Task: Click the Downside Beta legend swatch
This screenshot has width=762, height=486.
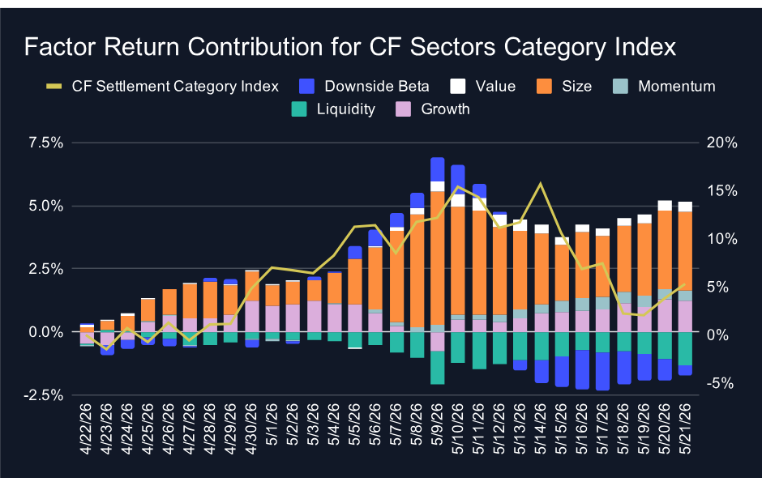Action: pyautogui.click(x=306, y=87)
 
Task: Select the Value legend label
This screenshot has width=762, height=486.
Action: pyautogui.click(x=495, y=87)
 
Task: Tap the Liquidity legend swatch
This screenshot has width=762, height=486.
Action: pyautogui.click(x=299, y=109)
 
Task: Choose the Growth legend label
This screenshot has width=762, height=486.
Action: pyautogui.click(x=445, y=109)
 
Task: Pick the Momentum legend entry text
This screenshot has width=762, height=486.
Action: pyautogui.click(x=676, y=87)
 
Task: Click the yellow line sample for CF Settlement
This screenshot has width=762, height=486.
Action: pyautogui.click(x=54, y=87)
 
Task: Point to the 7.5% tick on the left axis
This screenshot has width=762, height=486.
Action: pyautogui.click(x=46, y=143)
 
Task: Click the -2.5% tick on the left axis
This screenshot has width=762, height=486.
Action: pyautogui.click(x=43, y=395)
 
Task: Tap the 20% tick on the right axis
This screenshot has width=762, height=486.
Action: pyautogui.click(x=721, y=143)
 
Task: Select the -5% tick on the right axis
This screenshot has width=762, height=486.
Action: pyautogui.click(x=720, y=384)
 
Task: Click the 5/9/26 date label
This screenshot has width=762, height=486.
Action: pyautogui.click(x=438, y=428)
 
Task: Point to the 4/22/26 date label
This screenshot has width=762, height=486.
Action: pyautogui.click(x=86, y=428)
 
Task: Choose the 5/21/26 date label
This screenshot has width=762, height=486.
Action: pyautogui.click(x=685, y=428)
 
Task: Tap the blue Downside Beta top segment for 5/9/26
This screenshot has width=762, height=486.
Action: pyautogui.click(x=438, y=169)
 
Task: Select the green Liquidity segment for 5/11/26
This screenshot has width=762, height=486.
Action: pyautogui.click(x=478, y=351)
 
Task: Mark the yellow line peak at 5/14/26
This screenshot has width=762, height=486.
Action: pyautogui.click(x=541, y=184)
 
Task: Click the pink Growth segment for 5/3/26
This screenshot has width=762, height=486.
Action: pyautogui.click(x=314, y=317)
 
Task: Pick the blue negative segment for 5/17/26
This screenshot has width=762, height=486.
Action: pyautogui.click(x=602, y=372)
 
